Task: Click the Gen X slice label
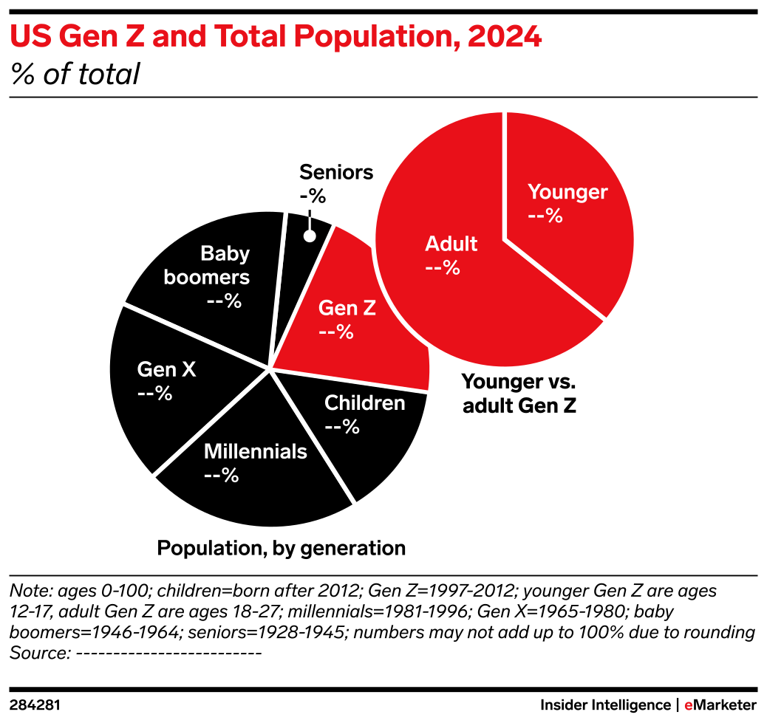pos(166,369)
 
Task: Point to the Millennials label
pos(255,451)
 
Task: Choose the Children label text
pos(364,403)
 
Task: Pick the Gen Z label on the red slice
pos(347,308)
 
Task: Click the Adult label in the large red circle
pos(451,244)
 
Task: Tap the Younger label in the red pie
pos(567,192)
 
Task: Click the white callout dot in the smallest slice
pos(310,236)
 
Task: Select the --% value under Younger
pos(545,216)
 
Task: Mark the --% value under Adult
pos(443,268)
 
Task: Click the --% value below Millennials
pos(221,476)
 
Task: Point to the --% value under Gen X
pos(154,394)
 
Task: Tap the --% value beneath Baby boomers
pos(224,301)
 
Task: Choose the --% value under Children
pos(341,427)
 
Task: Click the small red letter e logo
pos(688,706)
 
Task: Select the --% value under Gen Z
pos(335,332)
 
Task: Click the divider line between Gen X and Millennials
pos(211,422)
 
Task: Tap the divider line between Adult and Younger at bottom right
pos(556,280)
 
